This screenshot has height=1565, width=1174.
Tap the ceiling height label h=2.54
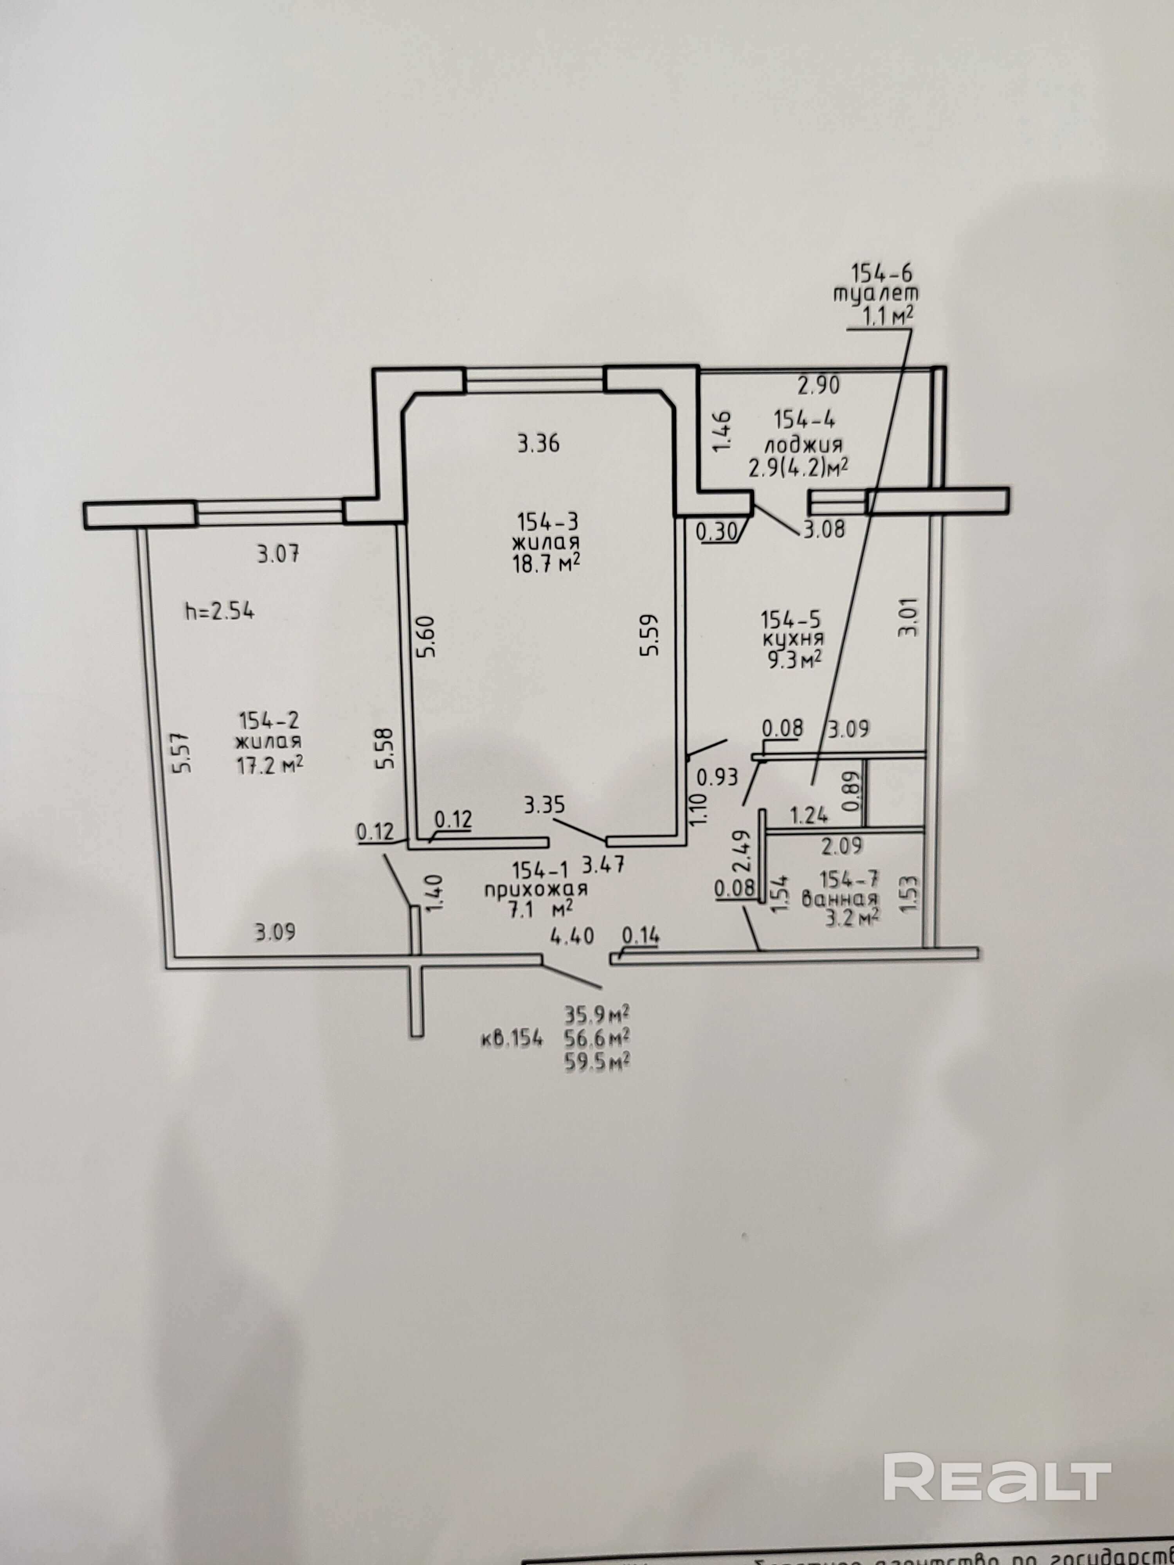(x=220, y=611)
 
